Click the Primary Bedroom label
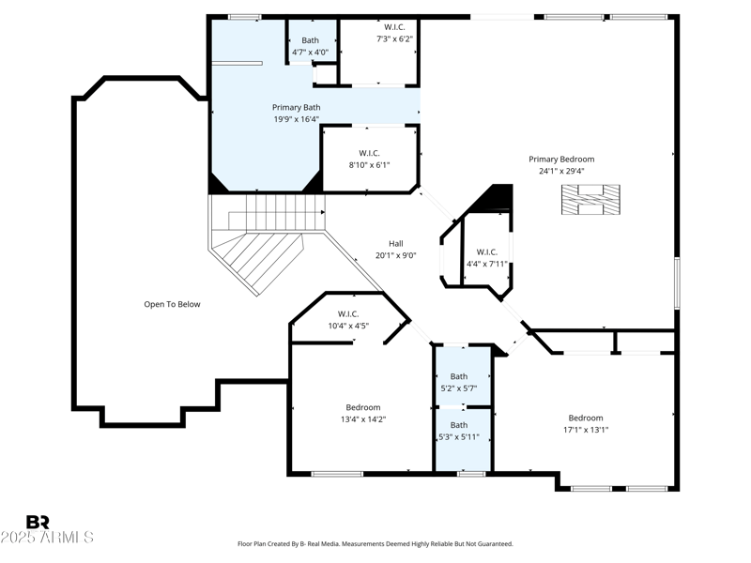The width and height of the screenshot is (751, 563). (560, 160)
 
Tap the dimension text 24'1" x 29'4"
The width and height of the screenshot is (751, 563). (560, 172)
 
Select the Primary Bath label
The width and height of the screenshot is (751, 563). (296, 108)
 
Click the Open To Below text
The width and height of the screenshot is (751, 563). (172, 304)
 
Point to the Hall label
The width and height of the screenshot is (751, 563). (395, 243)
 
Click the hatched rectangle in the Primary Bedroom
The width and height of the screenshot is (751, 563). (591, 200)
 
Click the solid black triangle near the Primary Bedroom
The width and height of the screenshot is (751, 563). (498, 199)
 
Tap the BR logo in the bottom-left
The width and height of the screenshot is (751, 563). (38, 522)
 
